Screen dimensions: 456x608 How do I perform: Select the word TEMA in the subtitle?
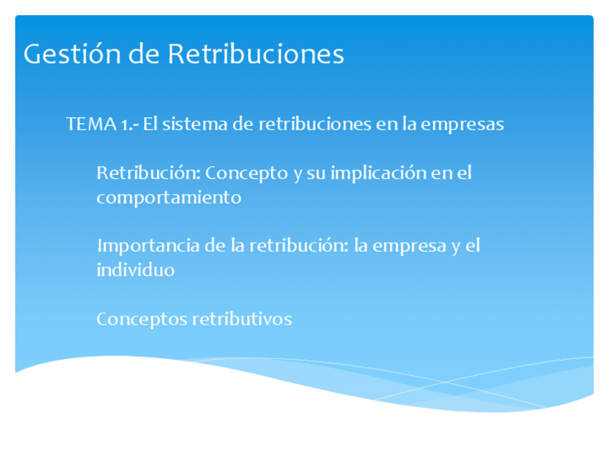[x=87, y=124]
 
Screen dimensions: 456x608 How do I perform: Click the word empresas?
[x=462, y=124]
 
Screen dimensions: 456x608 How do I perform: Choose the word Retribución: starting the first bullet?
[x=148, y=173]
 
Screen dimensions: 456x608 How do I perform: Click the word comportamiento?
[x=168, y=197]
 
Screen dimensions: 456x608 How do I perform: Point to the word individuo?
[x=135, y=270]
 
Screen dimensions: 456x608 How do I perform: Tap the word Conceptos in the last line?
[x=141, y=319]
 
